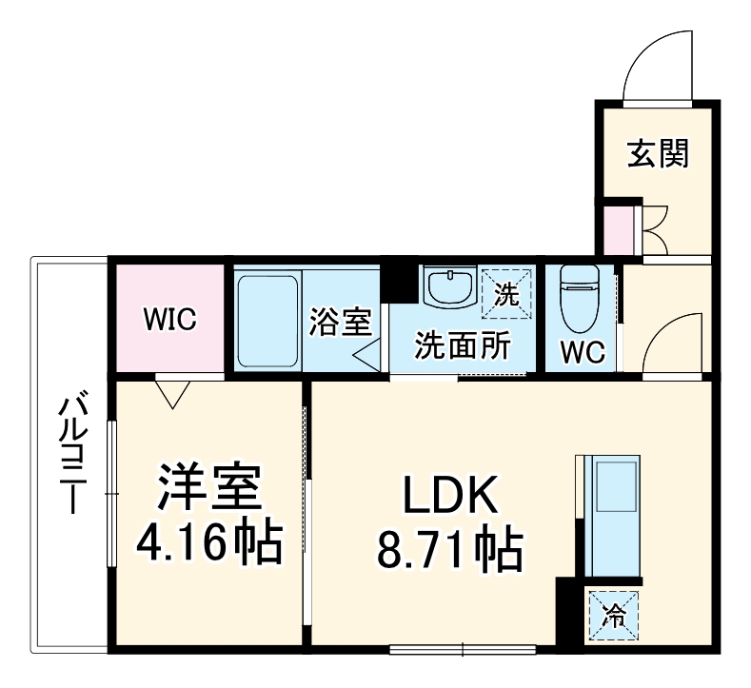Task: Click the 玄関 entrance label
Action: [x=657, y=153]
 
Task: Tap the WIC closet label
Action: [x=169, y=319]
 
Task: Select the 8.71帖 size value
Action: [x=450, y=549]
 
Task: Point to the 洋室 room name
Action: [x=208, y=491]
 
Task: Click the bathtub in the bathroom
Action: [x=267, y=321]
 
